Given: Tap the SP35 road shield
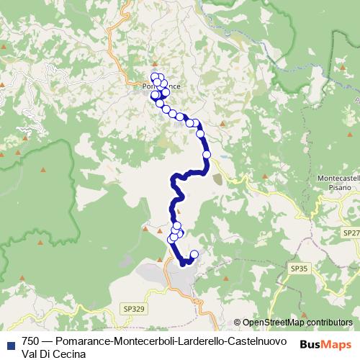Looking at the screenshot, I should (300, 269).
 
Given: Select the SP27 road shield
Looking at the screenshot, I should (351, 233).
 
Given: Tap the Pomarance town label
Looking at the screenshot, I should (161, 86).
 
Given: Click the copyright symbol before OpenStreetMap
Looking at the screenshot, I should (238, 323).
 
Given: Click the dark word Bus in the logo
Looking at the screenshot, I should (309, 344).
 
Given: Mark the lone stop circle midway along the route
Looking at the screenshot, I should (207, 155).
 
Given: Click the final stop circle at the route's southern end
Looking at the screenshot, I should (194, 254).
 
